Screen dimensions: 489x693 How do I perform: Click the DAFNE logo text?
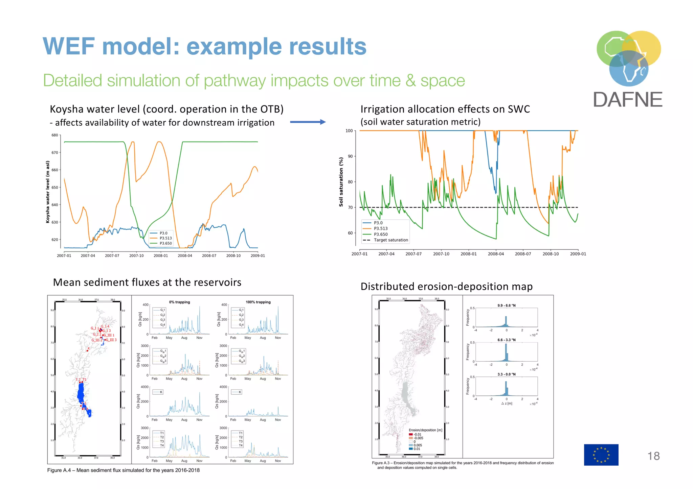tap(628, 100)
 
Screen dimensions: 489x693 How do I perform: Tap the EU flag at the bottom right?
tap(601, 455)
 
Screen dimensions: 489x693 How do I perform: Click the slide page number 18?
tap(653, 456)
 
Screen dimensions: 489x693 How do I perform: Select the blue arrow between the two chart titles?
tap(308, 122)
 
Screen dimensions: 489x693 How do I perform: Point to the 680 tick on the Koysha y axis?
tap(55, 135)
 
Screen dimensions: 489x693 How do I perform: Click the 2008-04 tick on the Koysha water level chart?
tap(185, 256)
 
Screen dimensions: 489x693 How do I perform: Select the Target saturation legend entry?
tap(390, 240)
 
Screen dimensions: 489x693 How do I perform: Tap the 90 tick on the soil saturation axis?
tap(350, 156)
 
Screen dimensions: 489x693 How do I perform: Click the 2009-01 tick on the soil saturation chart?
tap(578, 254)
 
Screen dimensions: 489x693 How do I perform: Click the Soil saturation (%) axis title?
tap(341, 182)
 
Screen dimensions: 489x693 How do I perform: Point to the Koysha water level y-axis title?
tap(48, 192)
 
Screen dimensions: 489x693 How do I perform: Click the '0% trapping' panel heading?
tap(179, 302)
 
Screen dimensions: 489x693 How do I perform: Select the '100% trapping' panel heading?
tap(258, 302)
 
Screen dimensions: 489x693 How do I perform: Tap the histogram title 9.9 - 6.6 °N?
tap(506, 305)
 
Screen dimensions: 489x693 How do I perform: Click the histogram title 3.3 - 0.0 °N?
tap(506, 374)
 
